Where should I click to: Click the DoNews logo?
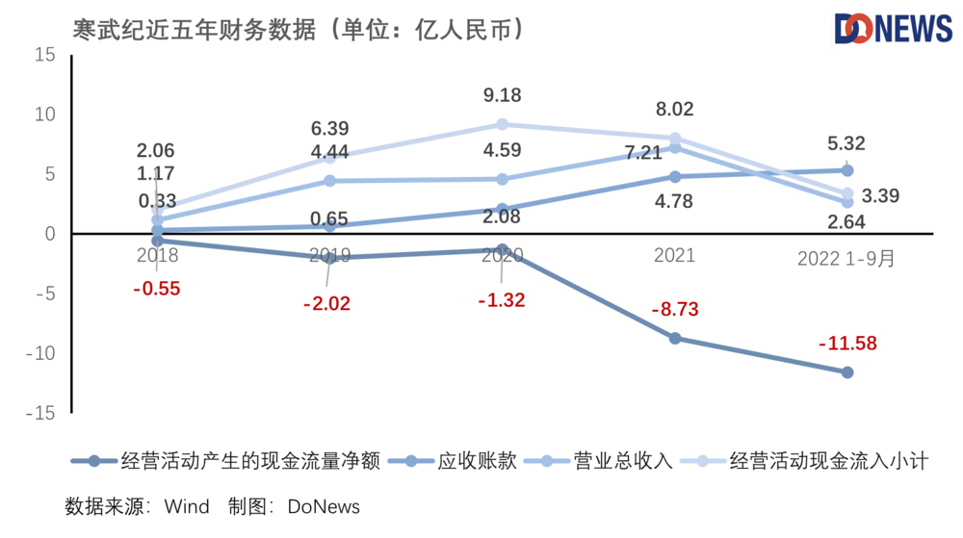[892, 29]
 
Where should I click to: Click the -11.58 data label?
[847, 343]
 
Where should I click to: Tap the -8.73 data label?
[674, 310]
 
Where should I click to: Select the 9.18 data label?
[503, 95]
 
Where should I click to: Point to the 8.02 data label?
[674, 109]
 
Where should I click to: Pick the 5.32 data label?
[846, 144]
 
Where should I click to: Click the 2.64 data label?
[846, 221]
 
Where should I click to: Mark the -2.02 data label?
[327, 303]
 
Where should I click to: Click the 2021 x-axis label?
[674, 256]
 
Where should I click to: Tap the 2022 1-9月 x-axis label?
[846, 258]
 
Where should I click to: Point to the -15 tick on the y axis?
[41, 413]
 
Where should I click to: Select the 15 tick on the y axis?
[45, 55]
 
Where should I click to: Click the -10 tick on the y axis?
[41, 353]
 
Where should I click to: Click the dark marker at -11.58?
[847, 371]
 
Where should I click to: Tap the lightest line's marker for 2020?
[503, 124]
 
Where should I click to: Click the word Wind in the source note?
[187, 506]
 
